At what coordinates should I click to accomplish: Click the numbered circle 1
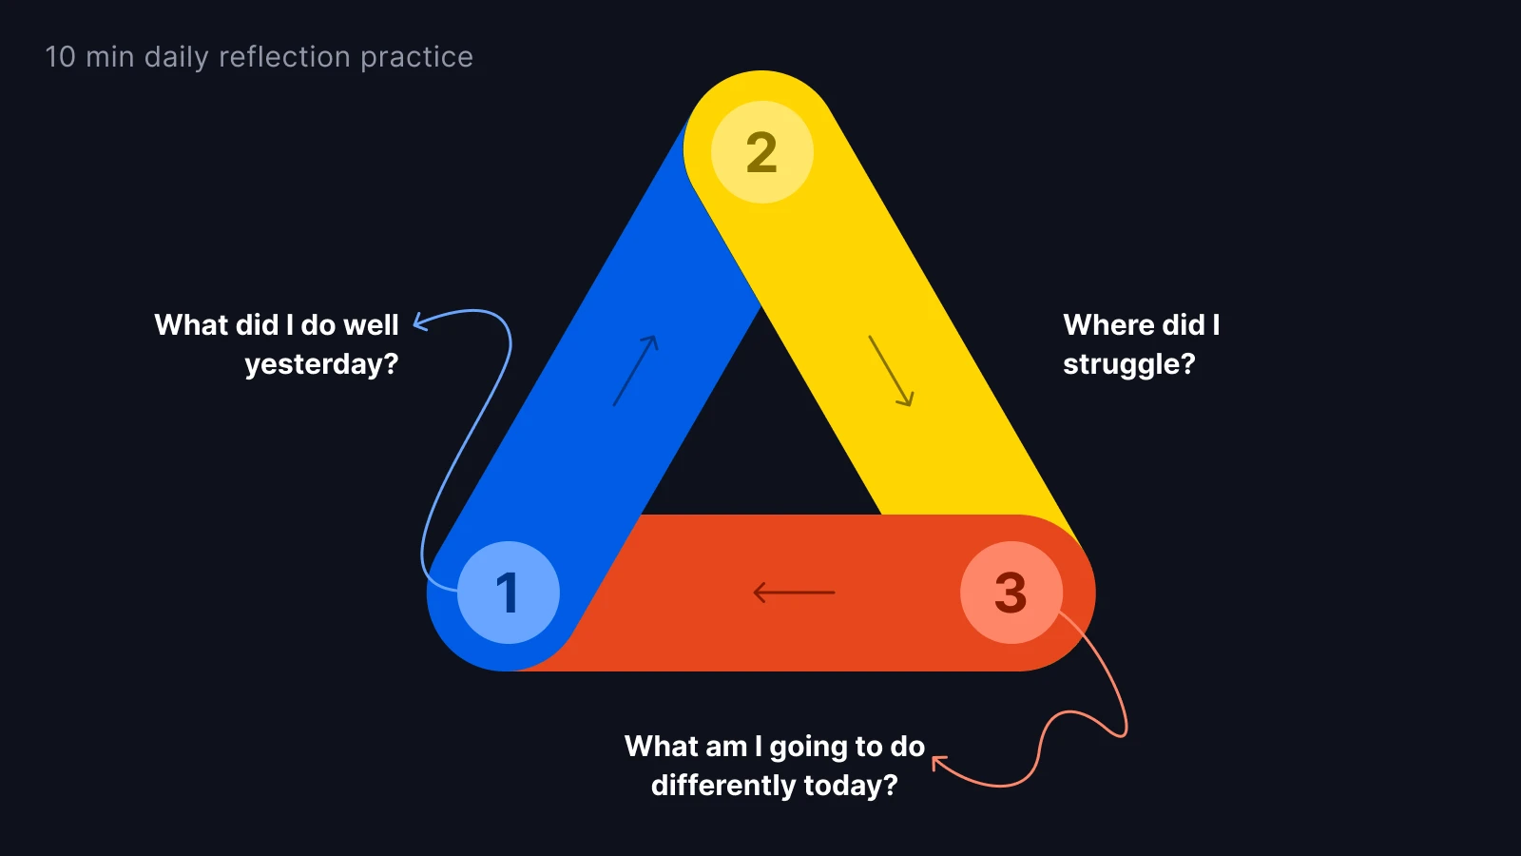pyautogui.click(x=508, y=592)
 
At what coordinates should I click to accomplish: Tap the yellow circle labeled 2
pyautogui.click(x=761, y=152)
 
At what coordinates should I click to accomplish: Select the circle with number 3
pyautogui.click(x=1011, y=592)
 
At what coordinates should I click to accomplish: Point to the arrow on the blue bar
pyautogui.click(x=635, y=371)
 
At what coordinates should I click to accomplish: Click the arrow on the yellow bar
pyautogui.click(x=891, y=371)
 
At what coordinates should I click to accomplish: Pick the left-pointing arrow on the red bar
pyautogui.click(x=794, y=593)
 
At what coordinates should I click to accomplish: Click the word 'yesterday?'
pyautogui.click(x=321, y=364)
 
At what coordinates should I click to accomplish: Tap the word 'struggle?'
pyautogui.click(x=1128, y=364)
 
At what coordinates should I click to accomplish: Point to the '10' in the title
pyautogui.click(x=60, y=57)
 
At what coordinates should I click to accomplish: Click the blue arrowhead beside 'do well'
pyautogui.click(x=420, y=323)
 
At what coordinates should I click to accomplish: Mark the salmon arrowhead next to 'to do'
pyautogui.click(x=939, y=763)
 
